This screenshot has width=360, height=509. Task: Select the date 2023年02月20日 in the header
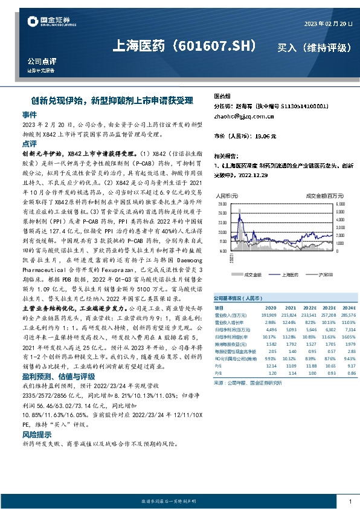(327, 24)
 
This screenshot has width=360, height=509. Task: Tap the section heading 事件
(30, 114)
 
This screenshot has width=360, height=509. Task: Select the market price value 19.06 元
(266, 137)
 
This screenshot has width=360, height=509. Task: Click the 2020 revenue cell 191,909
(267, 315)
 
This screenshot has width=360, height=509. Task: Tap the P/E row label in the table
(219, 366)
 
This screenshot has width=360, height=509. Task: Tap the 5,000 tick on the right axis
(339, 204)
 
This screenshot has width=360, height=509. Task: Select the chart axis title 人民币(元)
(227, 196)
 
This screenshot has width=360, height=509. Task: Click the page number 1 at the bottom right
(350, 502)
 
